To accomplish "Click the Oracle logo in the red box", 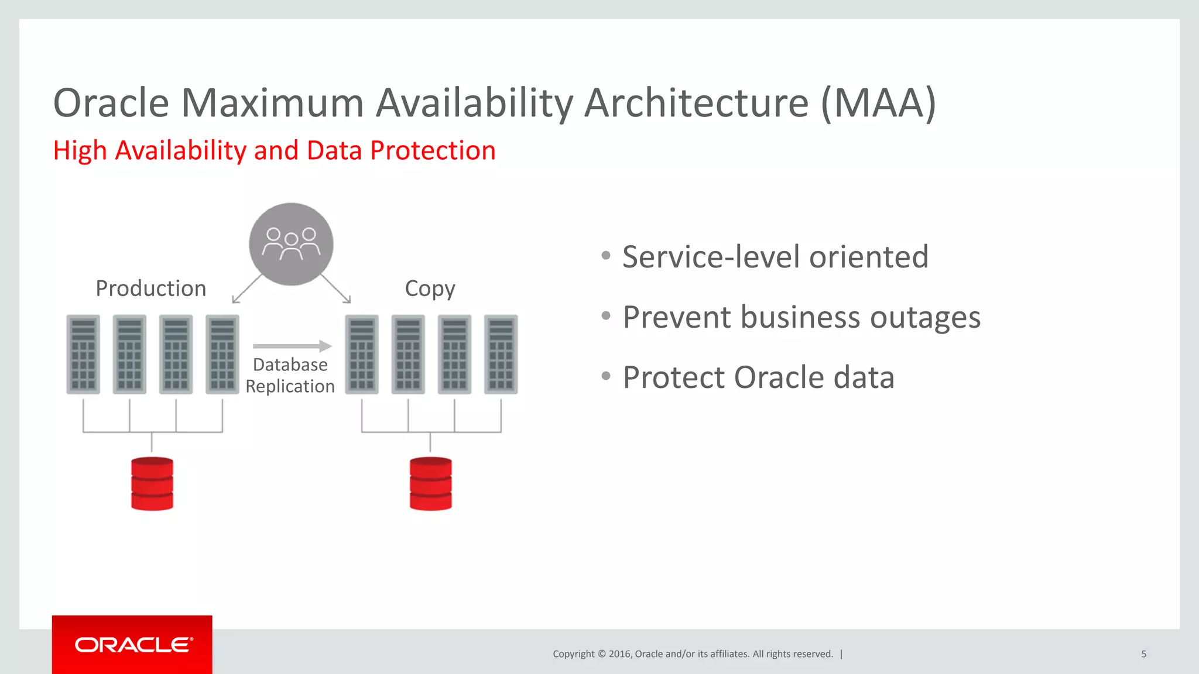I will (133, 645).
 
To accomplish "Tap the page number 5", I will (1143, 654).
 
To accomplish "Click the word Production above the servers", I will (150, 288).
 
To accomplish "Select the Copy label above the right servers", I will (430, 288).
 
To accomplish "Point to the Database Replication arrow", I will (292, 346).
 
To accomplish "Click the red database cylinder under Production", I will (152, 484).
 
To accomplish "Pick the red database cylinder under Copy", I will (431, 484).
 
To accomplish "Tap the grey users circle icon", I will (291, 244).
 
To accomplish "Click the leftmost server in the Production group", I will (83, 354).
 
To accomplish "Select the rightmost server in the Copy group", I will (501, 354).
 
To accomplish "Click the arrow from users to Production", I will (246, 289).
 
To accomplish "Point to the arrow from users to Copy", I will (337, 289).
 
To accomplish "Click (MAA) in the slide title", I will (878, 104).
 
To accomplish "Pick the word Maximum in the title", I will (273, 104).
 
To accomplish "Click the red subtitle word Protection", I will (433, 151).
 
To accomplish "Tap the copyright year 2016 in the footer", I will (619, 654).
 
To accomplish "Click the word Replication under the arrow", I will (290, 386).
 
